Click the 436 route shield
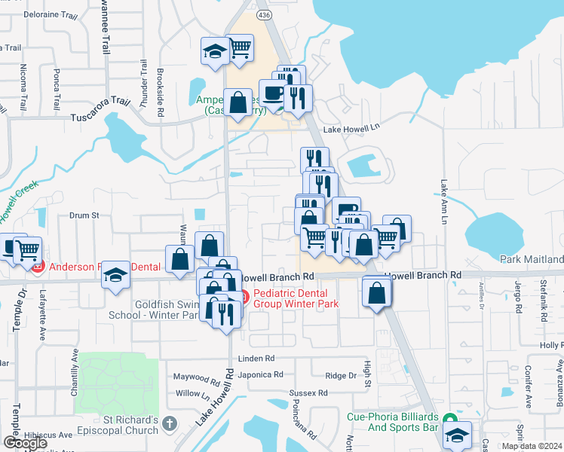click(263, 14)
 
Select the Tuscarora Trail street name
click(100, 118)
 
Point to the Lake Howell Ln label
click(351, 130)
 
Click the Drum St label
click(84, 215)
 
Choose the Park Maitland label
click(532, 259)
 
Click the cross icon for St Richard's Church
click(170, 425)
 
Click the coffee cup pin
click(272, 93)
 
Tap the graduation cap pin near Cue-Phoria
click(456, 435)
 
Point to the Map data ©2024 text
click(532, 446)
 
